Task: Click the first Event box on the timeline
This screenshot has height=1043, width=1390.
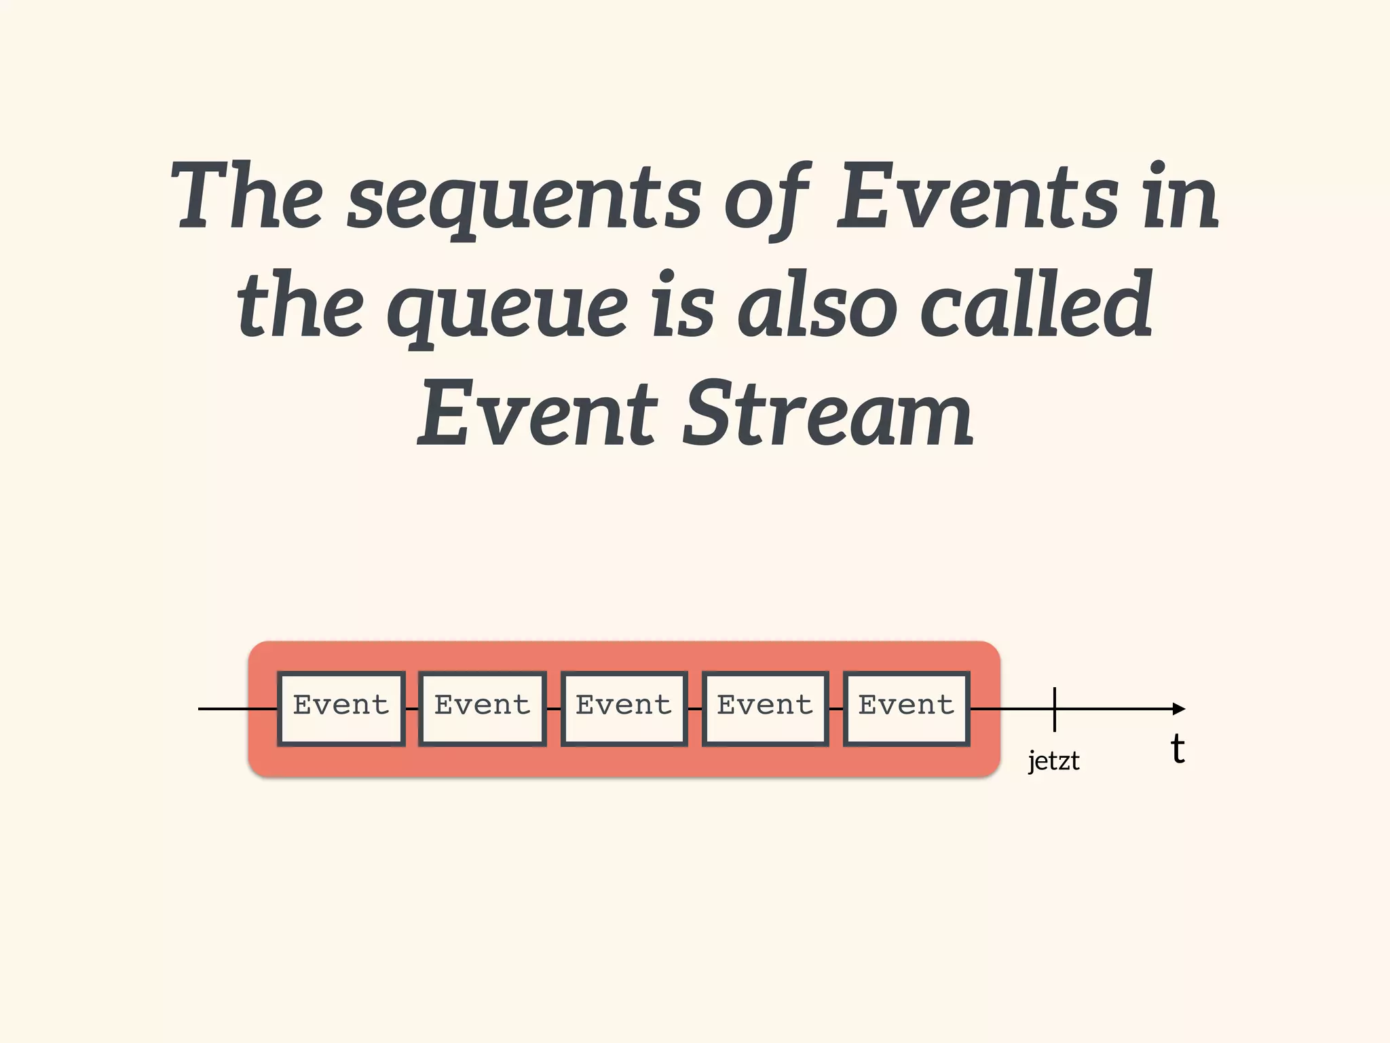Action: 341,708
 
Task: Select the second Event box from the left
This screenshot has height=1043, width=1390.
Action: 483,708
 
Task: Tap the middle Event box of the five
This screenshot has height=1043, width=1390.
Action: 624,708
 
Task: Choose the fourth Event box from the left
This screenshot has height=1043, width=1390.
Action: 765,708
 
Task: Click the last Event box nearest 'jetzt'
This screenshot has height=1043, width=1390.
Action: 906,708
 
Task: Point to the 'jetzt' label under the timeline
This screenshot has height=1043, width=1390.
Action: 1053,761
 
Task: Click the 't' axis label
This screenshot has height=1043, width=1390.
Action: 1178,749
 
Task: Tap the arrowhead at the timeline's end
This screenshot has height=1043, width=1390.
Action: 1180,709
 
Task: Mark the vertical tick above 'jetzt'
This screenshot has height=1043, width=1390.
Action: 1055,709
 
